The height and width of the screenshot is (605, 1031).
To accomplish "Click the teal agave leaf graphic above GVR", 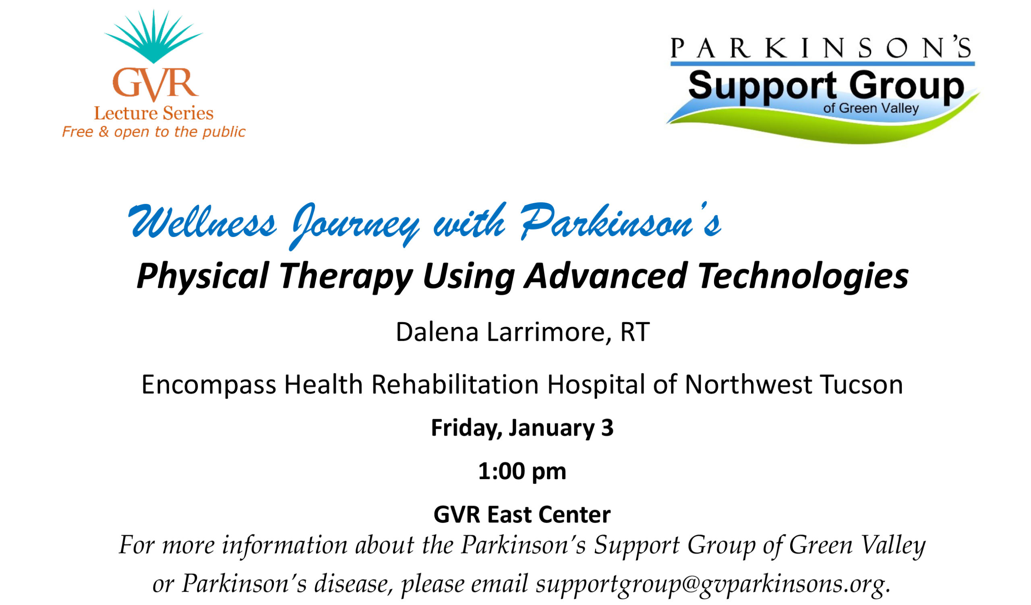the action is tap(153, 37).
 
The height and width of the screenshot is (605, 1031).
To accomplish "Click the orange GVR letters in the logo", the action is tap(155, 84).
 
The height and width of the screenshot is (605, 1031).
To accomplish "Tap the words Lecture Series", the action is tap(154, 113).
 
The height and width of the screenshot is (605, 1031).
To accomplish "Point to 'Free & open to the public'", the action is tap(153, 132).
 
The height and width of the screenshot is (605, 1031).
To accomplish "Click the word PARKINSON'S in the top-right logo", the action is tap(822, 47).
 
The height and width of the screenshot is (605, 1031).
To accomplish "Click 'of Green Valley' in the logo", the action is tap(872, 108).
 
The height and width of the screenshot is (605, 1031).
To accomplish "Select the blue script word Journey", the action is tap(355, 226).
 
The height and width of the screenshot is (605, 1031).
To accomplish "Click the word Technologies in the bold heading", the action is tap(803, 276).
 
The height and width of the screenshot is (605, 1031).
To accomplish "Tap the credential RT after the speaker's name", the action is tap(635, 332).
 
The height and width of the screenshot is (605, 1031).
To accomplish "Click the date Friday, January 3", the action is tap(522, 428).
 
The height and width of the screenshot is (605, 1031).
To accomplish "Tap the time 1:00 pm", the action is tap(522, 471).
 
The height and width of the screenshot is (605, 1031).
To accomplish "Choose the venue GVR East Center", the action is tap(522, 514).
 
